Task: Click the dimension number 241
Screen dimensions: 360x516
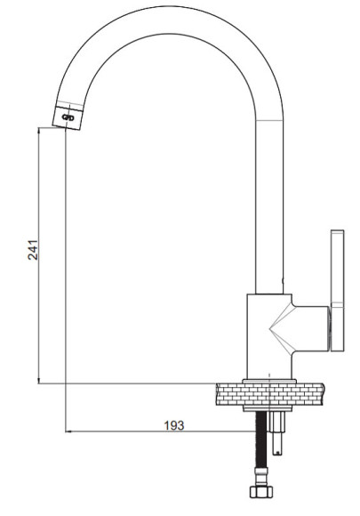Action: (33, 250)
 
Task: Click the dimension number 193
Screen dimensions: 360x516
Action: (174, 425)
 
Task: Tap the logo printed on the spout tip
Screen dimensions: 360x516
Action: (68, 117)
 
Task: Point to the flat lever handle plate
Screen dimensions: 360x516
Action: (337, 291)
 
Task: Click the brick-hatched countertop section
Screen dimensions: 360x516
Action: (270, 394)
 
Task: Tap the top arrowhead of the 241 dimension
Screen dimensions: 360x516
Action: (39, 130)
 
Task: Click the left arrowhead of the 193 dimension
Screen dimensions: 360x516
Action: (68, 431)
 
